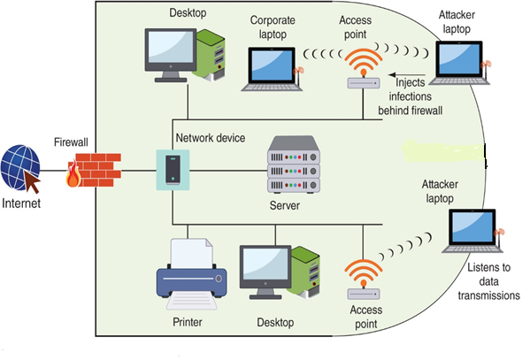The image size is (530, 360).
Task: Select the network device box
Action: [x=171, y=169]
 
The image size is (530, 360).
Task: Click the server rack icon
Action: [x=292, y=167]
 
